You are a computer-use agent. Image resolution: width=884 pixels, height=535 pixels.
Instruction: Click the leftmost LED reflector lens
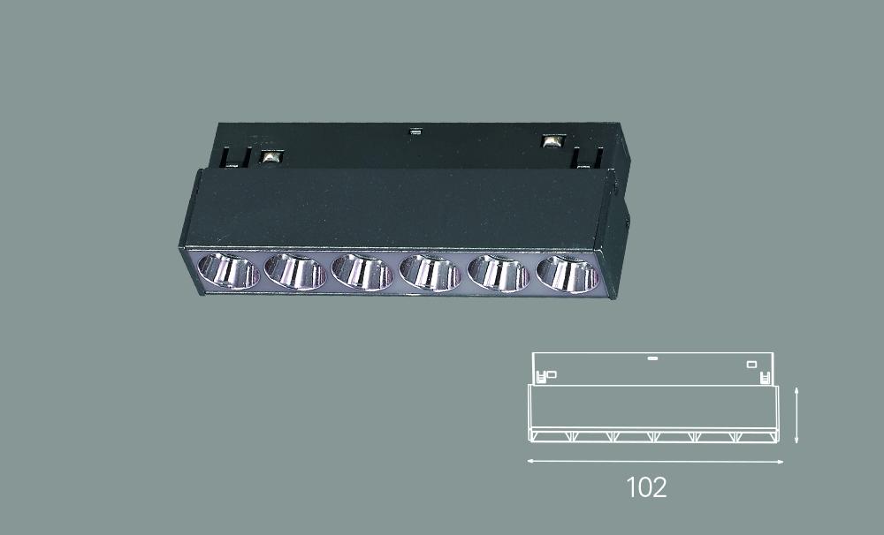click(x=228, y=271)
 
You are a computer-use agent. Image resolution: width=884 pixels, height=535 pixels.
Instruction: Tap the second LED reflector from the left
click(x=295, y=271)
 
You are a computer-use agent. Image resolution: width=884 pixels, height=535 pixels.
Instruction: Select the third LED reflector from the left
click(x=362, y=272)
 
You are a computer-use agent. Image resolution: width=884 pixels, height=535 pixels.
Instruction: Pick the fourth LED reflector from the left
click(x=431, y=273)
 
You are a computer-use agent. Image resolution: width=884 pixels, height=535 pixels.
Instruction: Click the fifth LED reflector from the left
click(x=499, y=274)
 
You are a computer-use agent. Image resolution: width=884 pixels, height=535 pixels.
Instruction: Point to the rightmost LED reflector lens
click(x=568, y=275)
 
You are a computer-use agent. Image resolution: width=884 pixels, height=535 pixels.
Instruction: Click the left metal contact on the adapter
click(x=271, y=156)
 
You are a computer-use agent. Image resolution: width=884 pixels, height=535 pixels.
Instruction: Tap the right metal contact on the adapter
click(x=553, y=140)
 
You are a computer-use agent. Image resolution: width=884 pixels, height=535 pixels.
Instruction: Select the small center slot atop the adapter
click(x=415, y=133)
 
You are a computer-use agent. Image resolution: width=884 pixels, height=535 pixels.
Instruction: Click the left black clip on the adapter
click(x=236, y=157)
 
